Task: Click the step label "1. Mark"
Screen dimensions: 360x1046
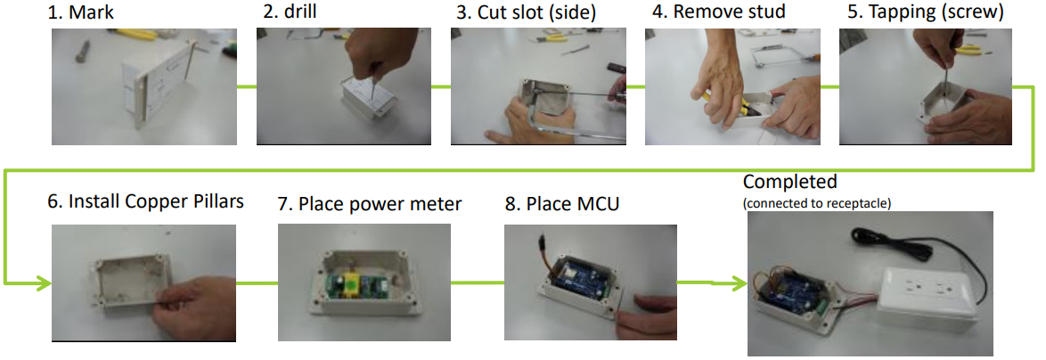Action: click(x=86, y=12)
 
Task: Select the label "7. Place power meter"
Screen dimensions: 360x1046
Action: click(x=369, y=204)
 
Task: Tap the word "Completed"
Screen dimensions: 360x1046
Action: click(x=789, y=182)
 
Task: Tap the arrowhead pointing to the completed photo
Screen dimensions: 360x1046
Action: click(x=737, y=284)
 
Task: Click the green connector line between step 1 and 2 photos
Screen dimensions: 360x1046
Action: click(x=247, y=86)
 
